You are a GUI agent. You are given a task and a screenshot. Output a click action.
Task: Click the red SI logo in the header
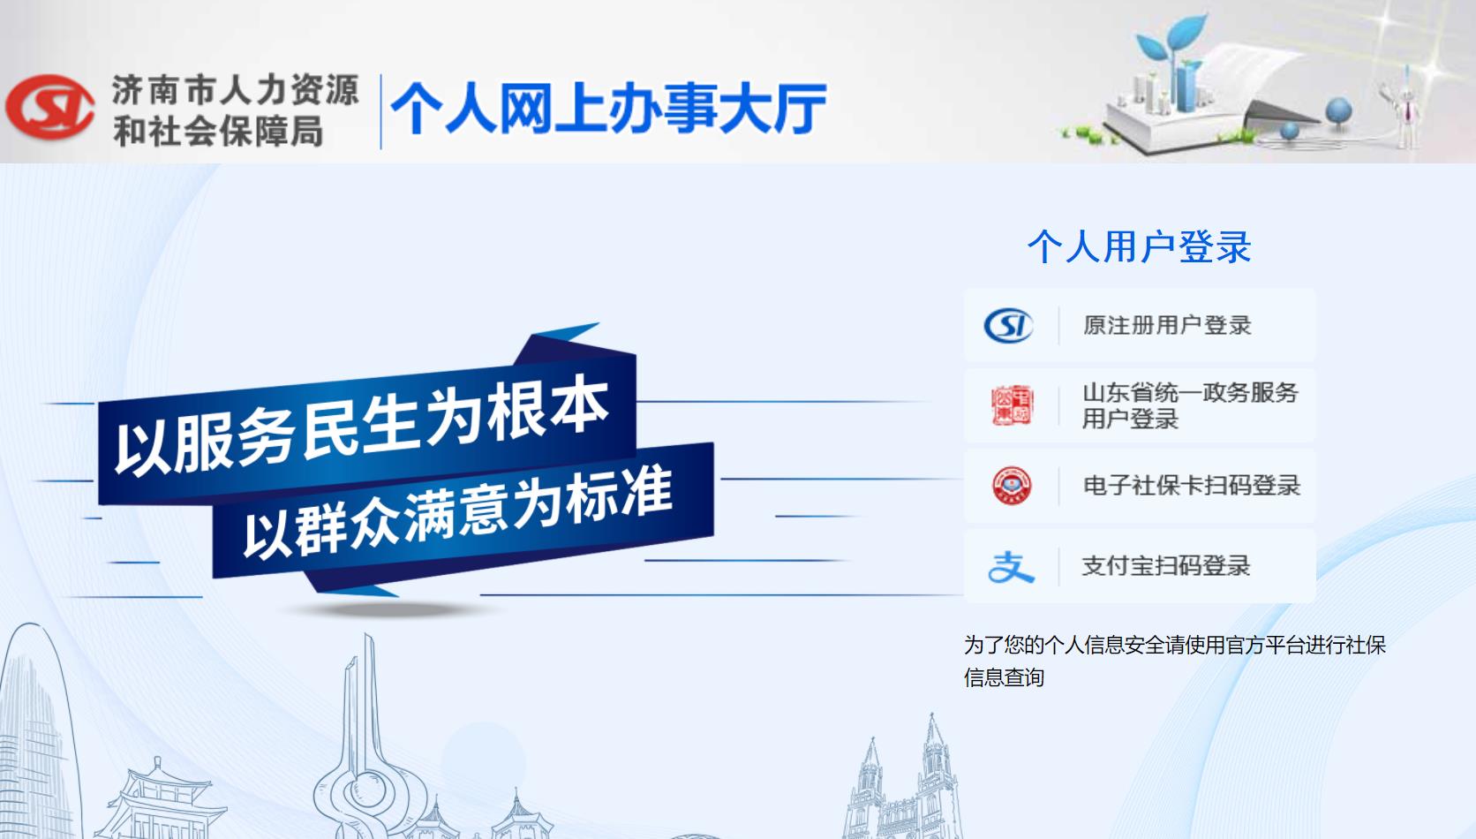pyautogui.click(x=50, y=107)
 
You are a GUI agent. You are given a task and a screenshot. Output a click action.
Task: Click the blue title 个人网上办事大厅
pyautogui.click(x=608, y=109)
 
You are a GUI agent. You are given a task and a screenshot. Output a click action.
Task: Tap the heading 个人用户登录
pyautogui.click(x=1140, y=247)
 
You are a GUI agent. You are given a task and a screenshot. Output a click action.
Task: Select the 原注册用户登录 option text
pyautogui.click(x=1167, y=326)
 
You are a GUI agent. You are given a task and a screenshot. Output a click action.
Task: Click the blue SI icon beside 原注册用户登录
pyautogui.click(x=1009, y=326)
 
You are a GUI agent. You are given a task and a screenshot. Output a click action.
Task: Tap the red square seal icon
pyautogui.click(x=1013, y=405)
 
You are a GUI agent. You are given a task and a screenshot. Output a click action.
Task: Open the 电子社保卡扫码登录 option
pyautogui.click(x=1192, y=486)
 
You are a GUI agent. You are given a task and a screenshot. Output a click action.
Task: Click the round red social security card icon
pyautogui.click(x=1013, y=486)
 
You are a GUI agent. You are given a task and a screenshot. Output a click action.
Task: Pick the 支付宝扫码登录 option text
pyautogui.click(x=1165, y=566)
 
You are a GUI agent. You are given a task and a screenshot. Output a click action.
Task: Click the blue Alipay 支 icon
pyautogui.click(x=1011, y=567)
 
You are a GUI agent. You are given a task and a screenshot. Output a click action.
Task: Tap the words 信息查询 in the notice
pyautogui.click(x=1005, y=677)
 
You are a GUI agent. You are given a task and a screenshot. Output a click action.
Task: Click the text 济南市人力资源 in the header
pyautogui.click(x=235, y=89)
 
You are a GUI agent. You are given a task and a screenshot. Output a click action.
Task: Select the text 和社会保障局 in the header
pyautogui.click(x=218, y=132)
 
